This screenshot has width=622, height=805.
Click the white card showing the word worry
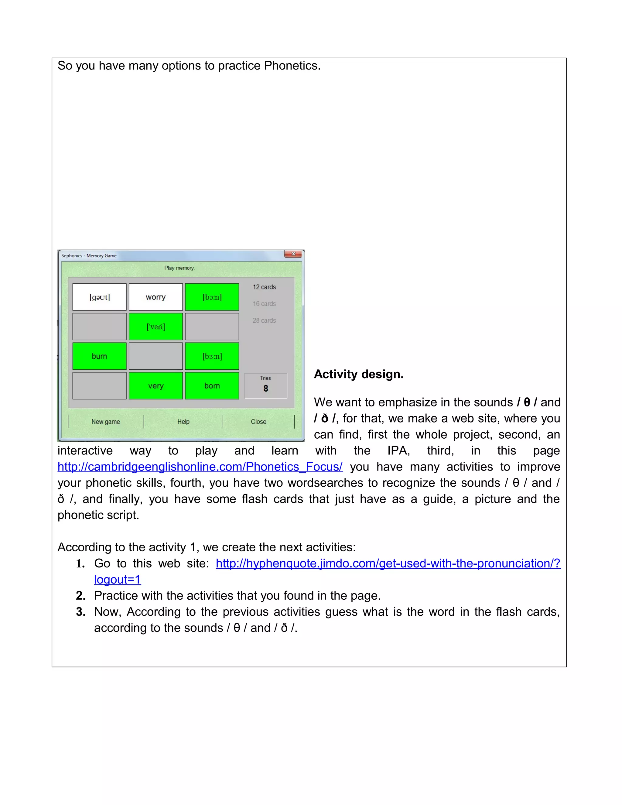[x=155, y=297]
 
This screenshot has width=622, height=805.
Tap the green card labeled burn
[x=100, y=356]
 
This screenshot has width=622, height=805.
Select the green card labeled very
[x=155, y=386]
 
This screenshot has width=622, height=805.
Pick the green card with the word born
[x=212, y=386]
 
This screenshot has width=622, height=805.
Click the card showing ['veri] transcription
[x=155, y=327]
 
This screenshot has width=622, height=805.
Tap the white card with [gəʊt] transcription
[x=100, y=297]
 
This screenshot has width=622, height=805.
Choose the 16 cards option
[x=264, y=304]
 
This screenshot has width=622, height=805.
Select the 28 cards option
[x=264, y=320]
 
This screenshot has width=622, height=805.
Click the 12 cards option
[x=264, y=287]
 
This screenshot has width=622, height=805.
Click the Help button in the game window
[x=183, y=422]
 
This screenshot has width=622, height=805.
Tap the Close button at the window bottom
[x=258, y=422]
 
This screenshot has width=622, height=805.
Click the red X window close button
[x=293, y=254]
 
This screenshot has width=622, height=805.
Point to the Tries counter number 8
[x=266, y=389]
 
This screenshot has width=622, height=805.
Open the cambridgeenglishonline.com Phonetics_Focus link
[x=200, y=467]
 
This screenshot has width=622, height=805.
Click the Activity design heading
[x=359, y=374]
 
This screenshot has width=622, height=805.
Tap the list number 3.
[x=81, y=612]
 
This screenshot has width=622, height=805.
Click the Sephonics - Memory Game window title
[x=89, y=255]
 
